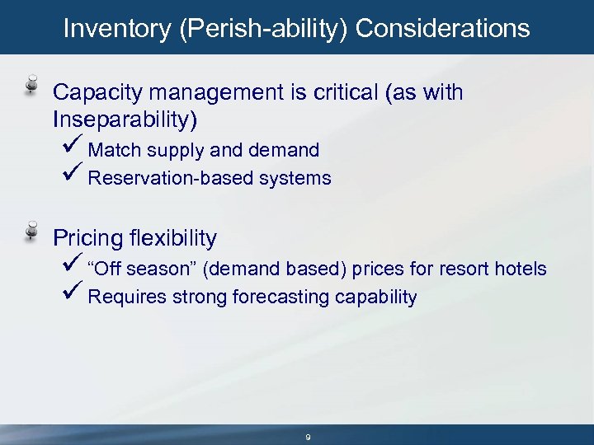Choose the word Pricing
tap(88, 239)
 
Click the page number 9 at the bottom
tap(308, 438)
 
